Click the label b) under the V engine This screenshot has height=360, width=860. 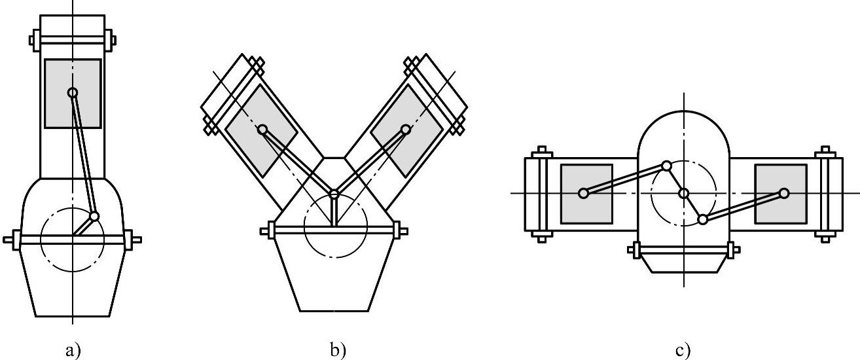point(337,351)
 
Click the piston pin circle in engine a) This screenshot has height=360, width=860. point(73,93)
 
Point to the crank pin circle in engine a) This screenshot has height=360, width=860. point(94,215)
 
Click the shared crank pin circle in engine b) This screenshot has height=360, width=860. point(334,194)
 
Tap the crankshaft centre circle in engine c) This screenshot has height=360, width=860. point(684,193)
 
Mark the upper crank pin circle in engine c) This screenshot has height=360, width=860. point(666,166)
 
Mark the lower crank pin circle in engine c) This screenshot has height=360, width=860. point(702,219)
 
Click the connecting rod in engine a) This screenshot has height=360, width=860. point(83,154)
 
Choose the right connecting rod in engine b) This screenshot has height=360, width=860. point(370,161)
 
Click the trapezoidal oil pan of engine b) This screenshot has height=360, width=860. point(334,275)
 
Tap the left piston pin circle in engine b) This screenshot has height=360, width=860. point(262,129)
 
